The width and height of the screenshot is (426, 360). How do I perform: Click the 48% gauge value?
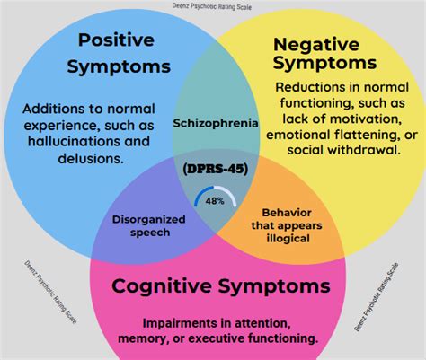pyautogui.click(x=214, y=202)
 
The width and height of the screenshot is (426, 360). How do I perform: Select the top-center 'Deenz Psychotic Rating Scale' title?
pyautogui.click(x=213, y=5)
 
